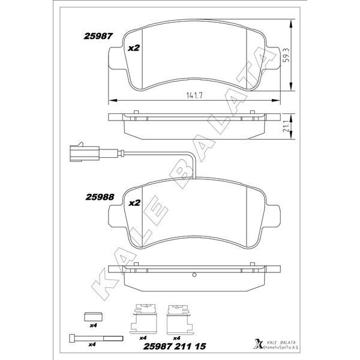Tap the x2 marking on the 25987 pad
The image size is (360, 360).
tap(134, 47)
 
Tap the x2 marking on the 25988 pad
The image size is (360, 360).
tap(134, 203)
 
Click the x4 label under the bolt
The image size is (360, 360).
tap(92, 344)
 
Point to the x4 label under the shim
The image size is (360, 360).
tap(94, 326)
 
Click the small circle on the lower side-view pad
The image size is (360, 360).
tap(194, 275)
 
